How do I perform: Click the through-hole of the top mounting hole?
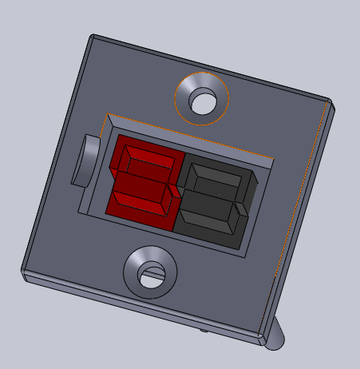[203, 101]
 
